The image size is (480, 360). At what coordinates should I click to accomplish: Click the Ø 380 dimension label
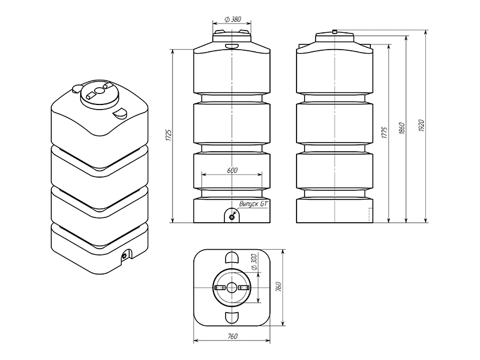click(x=232, y=19)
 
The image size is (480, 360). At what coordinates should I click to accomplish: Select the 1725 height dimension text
click(x=168, y=136)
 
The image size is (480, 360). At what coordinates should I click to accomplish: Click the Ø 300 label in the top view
click(x=254, y=264)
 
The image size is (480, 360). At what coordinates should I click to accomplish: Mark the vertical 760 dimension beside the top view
click(x=278, y=287)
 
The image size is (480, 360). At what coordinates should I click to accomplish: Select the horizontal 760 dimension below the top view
click(x=231, y=335)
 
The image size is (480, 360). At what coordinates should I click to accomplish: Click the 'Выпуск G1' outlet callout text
click(x=254, y=204)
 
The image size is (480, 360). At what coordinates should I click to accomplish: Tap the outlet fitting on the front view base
click(x=231, y=217)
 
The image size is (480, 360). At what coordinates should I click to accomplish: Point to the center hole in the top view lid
click(x=231, y=287)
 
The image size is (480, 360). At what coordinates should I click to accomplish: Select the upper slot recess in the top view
click(x=231, y=257)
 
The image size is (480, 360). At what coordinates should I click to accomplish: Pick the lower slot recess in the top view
click(x=231, y=317)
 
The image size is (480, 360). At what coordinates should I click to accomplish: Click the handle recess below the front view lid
click(x=231, y=46)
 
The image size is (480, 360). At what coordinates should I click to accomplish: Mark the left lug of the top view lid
click(x=219, y=287)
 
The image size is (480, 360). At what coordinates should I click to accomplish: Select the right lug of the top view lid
click(x=244, y=287)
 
